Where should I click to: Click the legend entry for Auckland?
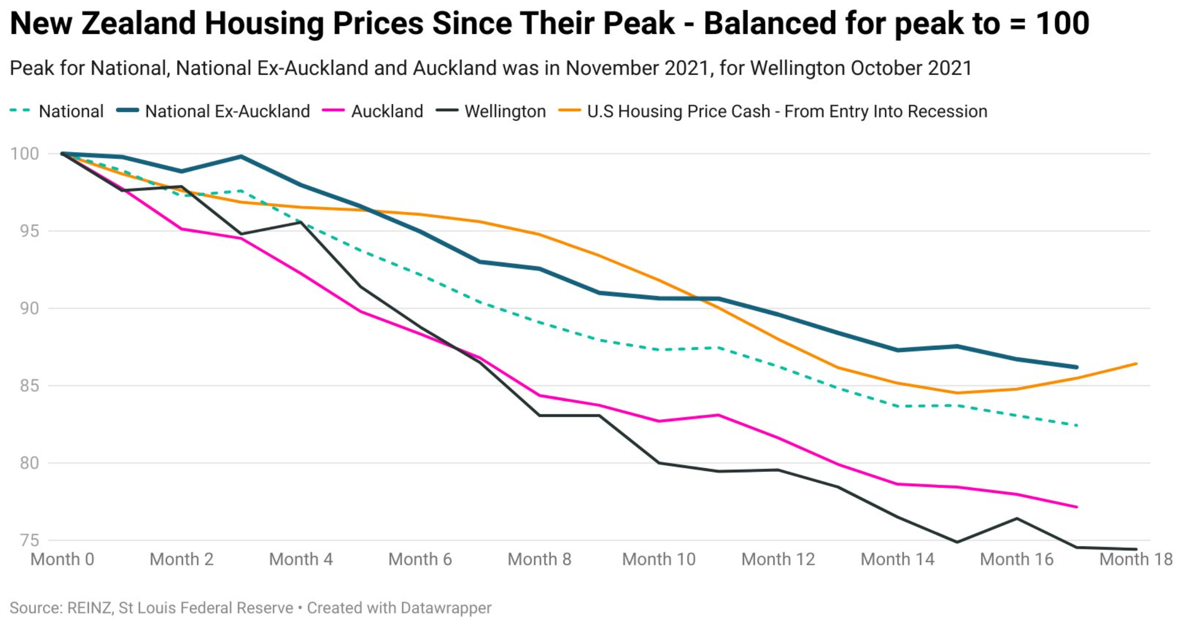(387, 111)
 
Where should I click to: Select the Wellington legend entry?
(505, 111)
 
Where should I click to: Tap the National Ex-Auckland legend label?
(227, 111)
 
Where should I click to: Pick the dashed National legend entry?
(71, 111)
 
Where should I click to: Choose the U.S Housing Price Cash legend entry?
(787, 111)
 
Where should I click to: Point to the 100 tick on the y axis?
(25, 154)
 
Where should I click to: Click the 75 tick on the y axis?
(30, 540)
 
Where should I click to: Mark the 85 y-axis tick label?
(30, 386)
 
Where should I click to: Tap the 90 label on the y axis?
(30, 308)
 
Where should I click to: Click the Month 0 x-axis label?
(62, 559)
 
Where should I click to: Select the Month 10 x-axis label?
(658, 559)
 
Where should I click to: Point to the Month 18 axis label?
(1136, 559)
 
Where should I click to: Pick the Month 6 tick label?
(420, 559)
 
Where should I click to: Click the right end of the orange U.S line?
(1136, 364)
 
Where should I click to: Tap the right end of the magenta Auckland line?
(1076, 507)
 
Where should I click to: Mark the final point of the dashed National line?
(1076, 425)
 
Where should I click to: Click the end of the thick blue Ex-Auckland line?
(1076, 367)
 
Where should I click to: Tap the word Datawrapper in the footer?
(445, 608)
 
